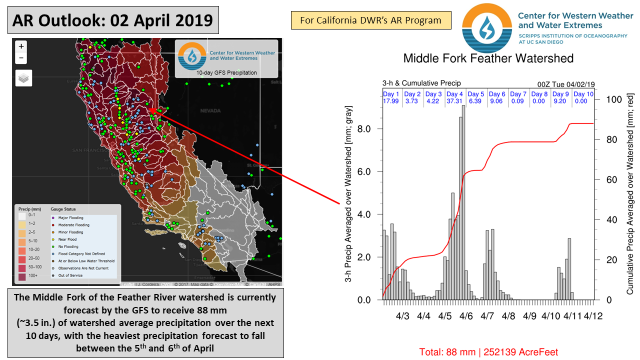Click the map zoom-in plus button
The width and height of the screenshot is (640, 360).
pos(21,46)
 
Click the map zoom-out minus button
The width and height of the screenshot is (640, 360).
pos(21,58)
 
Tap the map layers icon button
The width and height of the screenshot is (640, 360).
pos(24,78)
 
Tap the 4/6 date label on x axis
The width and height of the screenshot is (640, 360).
pos(466,316)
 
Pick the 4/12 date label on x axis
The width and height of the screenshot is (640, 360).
pos(593,316)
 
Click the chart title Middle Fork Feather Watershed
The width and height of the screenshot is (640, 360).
pos(488,58)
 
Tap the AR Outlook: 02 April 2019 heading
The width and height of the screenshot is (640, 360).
pos(113,21)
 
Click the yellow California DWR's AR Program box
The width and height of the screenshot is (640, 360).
pos(370,20)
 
